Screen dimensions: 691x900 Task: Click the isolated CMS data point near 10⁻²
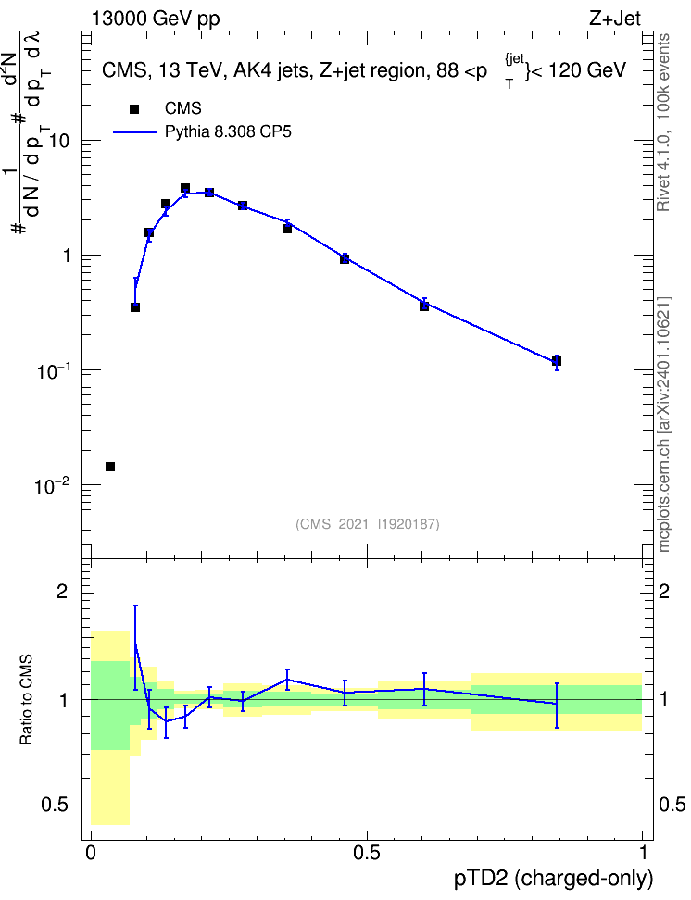pos(110,467)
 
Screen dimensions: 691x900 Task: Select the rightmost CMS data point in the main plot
pos(557,361)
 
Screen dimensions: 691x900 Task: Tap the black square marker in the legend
pos(134,109)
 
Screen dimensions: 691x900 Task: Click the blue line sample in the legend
pos(134,132)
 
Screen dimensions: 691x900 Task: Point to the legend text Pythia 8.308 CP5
pos(228,132)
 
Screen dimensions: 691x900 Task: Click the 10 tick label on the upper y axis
pos(59,141)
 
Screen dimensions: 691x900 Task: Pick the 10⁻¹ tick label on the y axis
pos(54,371)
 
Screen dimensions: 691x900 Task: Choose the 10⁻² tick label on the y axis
pos(54,486)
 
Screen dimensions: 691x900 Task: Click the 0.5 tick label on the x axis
pos(367,853)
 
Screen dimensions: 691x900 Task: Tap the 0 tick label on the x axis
pos(91,853)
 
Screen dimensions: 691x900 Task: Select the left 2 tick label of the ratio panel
pos(62,591)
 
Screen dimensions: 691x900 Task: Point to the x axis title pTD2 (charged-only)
pos(554,879)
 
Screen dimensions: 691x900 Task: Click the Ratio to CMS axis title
pos(26,700)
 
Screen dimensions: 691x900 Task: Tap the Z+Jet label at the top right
pos(615,19)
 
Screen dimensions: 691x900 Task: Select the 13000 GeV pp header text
pos(156,19)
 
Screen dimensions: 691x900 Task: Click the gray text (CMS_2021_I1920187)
pos(368,524)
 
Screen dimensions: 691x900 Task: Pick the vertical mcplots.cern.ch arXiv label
pos(663,425)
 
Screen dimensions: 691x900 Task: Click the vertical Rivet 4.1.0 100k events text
pos(663,122)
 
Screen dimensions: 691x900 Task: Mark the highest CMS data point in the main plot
pos(185,188)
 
